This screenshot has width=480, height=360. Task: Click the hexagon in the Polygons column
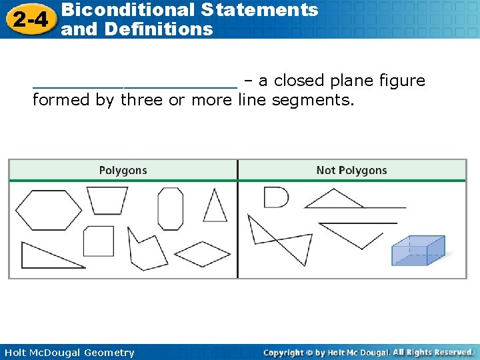click(x=48, y=210)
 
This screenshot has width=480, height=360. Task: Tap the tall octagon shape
click(x=170, y=209)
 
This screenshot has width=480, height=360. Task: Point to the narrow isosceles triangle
click(x=215, y=207)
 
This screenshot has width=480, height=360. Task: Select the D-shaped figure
click(x=275, y=197)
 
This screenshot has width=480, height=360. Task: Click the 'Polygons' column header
click(x=123, y=171)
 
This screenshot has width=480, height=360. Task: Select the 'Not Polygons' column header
click(x=351, y=171)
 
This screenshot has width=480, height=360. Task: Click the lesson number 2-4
click(x=30, y=20)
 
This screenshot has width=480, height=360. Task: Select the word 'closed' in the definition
click(x=299, y=81)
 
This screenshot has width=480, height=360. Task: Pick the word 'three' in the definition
click(x=141, y=101)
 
